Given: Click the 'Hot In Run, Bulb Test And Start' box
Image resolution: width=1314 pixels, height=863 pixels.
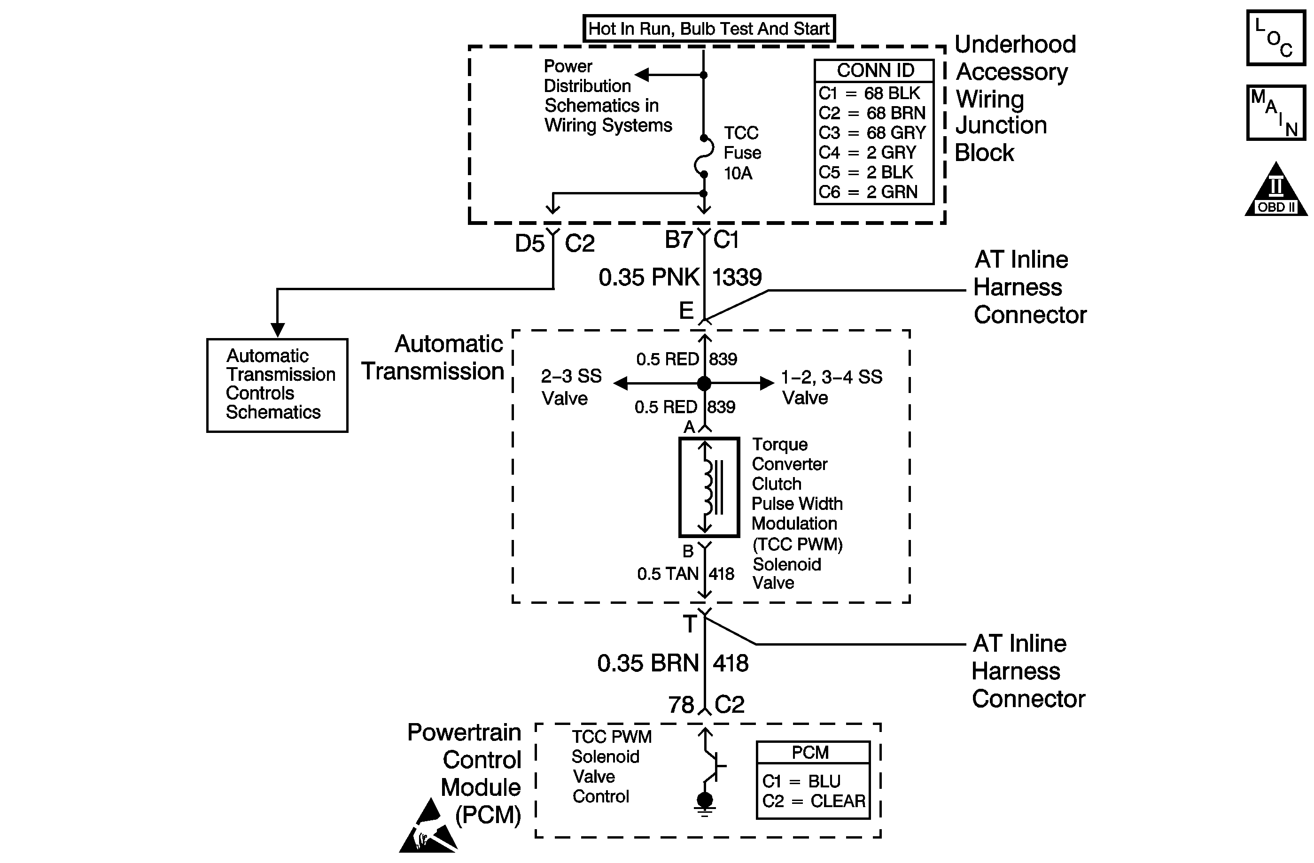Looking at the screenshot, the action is coord(709,28).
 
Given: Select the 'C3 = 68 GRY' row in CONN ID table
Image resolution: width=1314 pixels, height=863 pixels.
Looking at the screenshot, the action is coord(872,132).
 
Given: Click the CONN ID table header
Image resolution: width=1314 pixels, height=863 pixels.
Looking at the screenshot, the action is coord(875,70).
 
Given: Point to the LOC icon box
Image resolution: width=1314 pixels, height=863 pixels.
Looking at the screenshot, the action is coord(1276,38).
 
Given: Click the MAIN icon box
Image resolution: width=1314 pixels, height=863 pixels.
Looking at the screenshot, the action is coord(1276,113).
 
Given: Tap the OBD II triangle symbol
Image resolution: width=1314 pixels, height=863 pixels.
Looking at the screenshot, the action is coord(1276,189).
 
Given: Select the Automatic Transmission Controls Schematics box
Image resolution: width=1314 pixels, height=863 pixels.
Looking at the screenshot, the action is coord(277,385).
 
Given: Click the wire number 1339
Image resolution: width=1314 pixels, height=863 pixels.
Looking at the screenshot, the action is coord(737,277).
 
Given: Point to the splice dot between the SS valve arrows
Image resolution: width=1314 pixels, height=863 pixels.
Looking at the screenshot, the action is coord(704,383).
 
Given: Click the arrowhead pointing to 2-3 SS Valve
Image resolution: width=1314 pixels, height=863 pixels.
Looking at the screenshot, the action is coord(620,383).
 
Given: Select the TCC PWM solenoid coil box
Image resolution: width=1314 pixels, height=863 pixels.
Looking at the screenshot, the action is coord(709,487).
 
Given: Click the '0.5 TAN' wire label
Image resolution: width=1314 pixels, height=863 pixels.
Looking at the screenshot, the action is coord(668,574).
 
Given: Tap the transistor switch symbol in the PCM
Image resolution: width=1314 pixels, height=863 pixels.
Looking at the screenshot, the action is coord(712,765).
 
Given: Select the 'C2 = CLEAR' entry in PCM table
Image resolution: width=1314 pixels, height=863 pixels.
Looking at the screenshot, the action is coord(814,801).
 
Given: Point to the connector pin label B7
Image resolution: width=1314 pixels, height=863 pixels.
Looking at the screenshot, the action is coord(678,239).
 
